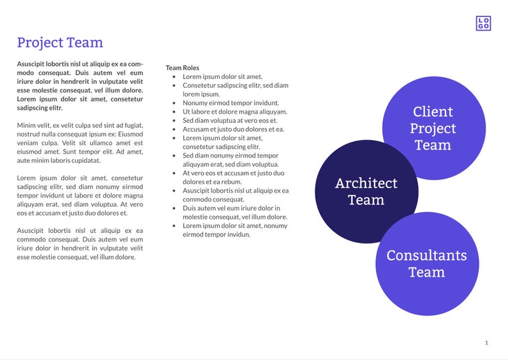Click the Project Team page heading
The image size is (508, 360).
click(x=60, y=43)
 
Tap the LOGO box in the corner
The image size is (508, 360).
click(x=483, y=23)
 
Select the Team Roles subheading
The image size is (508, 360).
click(x=182, y=68)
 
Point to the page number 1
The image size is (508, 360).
click(x=486, y=342)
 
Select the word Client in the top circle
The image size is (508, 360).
click(x=433, y=111)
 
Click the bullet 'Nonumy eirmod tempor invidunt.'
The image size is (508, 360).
click(x=231, y=103)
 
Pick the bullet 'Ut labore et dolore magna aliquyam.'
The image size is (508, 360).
click(x=235, y=111)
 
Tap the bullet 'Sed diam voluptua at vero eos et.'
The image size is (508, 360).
click(x=230, y=120)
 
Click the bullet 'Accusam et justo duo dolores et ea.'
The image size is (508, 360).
click(x=233, y=129)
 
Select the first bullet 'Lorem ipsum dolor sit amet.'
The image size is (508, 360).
click(x=223, y=76)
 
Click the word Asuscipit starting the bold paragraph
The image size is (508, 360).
click(x=34, y=64)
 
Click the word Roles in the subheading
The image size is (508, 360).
click(x=191, y=68)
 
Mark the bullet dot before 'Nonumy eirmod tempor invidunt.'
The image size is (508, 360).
click(x=174, y=103)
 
